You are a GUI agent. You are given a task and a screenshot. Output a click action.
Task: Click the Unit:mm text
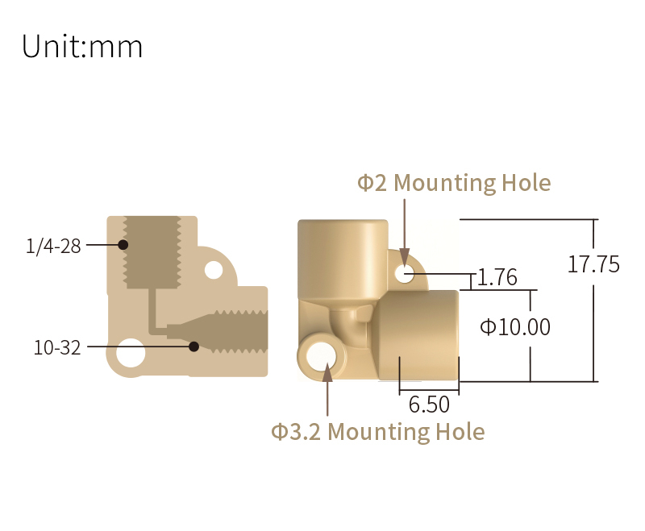(x=82, y=46)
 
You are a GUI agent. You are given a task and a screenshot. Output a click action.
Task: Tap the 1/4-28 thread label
(x=53, y=247)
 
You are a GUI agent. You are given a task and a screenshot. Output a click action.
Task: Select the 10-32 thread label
(x=56, y=348)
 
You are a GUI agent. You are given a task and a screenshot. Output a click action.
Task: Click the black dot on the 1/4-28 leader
(x=123, y=245)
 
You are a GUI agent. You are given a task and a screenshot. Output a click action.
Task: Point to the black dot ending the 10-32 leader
(x=193, y=346)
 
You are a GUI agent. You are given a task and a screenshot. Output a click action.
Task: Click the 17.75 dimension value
(x=593, y=264)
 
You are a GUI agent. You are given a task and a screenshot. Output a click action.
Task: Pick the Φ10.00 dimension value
(x=515, y=327)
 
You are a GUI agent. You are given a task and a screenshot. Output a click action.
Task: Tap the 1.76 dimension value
(x=497, y=277)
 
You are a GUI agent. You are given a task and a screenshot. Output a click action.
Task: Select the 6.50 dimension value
(x=429, y=404)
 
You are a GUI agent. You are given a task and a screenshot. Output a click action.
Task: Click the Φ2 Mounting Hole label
(x=454, y=183)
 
